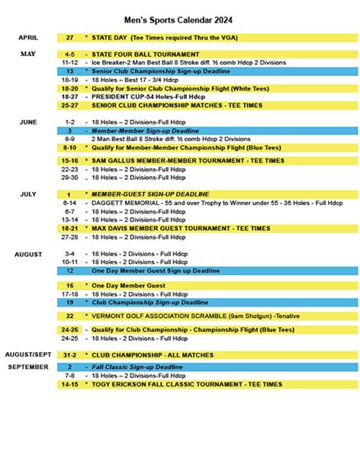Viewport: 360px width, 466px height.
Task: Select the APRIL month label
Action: [28, 36]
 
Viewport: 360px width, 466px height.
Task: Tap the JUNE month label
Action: [27, 122]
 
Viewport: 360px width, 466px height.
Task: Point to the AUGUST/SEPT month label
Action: [28, 354]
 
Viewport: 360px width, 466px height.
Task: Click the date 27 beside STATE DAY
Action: [70, 37]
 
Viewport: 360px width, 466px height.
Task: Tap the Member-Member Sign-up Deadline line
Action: [140, 131]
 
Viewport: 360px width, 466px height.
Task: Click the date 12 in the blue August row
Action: [70, 270]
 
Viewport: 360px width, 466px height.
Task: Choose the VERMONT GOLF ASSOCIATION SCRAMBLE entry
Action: [182, 315]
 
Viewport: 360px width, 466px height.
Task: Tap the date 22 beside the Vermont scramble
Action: [70, 315]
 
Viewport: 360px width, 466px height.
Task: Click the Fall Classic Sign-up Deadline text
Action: [137, 367]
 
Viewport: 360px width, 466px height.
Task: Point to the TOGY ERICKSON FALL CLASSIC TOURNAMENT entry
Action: [187, 385]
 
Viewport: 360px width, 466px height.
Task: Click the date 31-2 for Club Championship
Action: [70, 355]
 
